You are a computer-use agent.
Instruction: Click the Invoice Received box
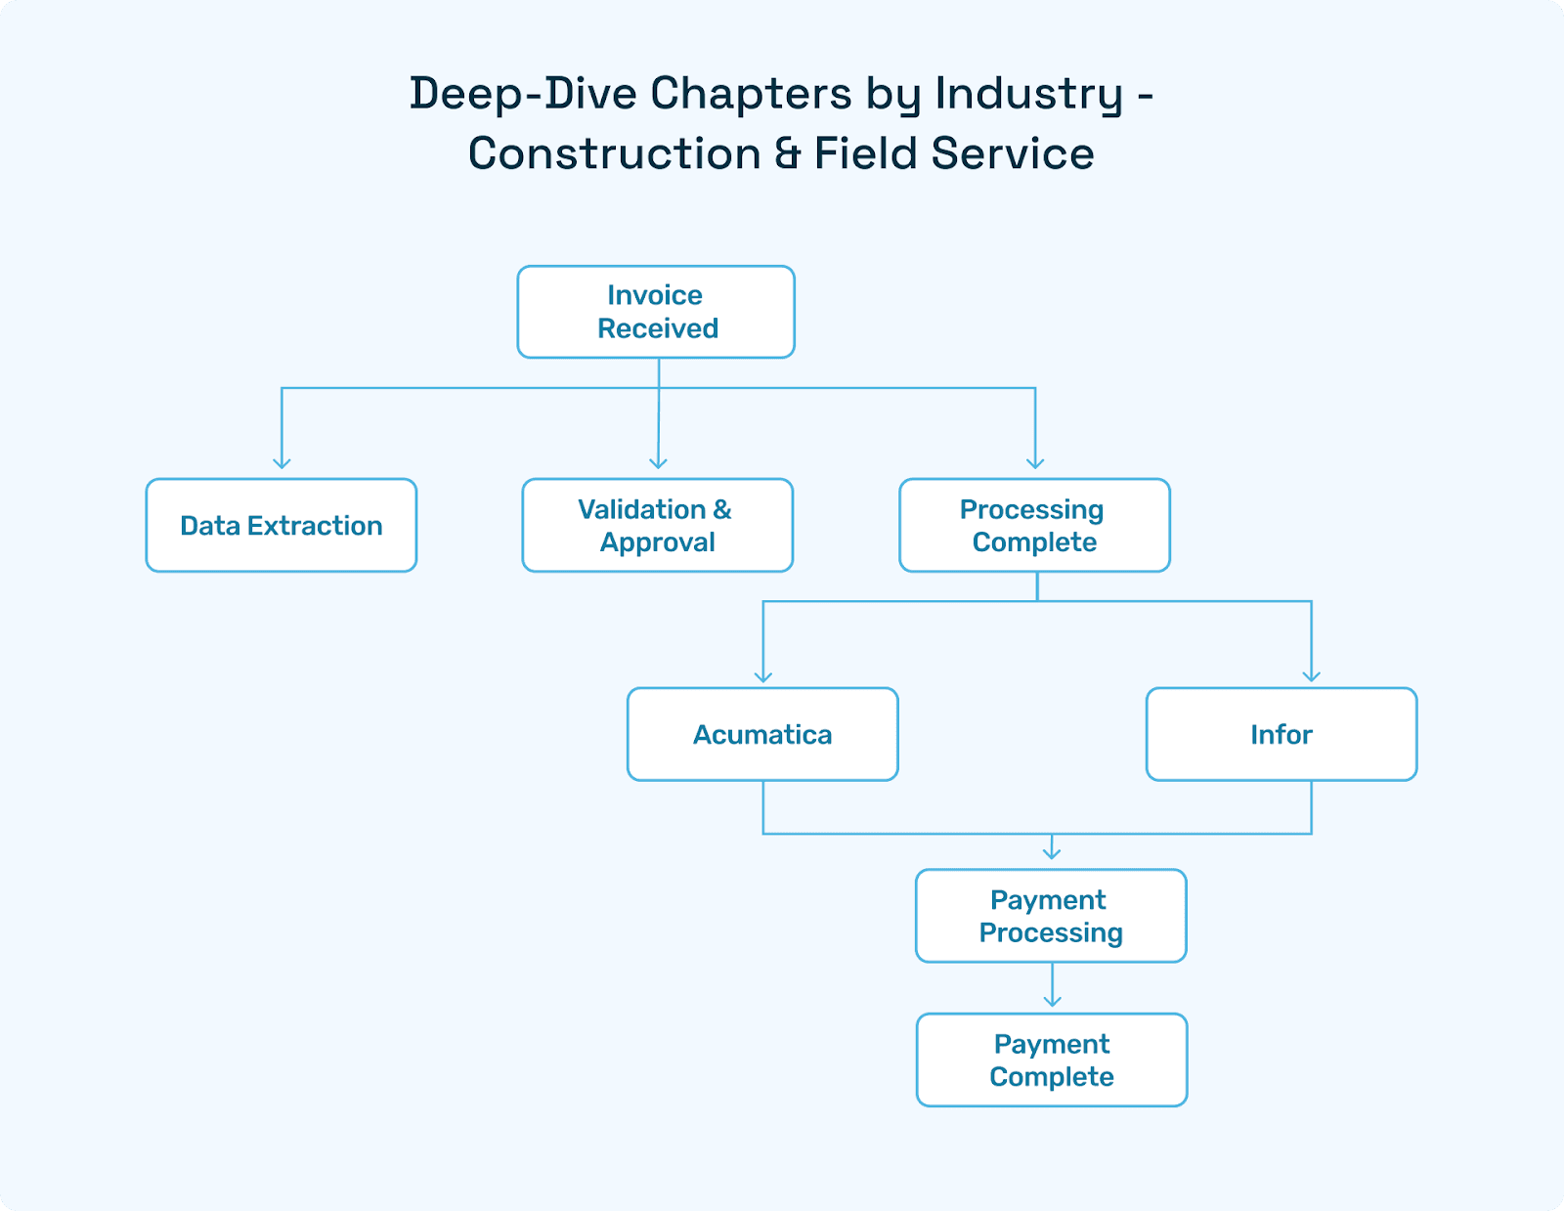(x=656, y=312)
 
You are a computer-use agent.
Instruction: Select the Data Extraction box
(x=282, y=526)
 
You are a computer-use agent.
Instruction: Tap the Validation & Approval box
(x=657, y=526)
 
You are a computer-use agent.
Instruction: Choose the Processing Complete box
(x=1034, y=526)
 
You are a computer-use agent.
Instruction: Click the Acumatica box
(x=762, y=735)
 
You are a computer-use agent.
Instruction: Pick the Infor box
(x=1281, y=735)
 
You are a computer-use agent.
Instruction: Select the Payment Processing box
(x=1051, y=916)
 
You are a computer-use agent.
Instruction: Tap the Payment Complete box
(x=1052, y=1060)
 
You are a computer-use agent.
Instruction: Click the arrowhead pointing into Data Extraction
(x=282, y=463)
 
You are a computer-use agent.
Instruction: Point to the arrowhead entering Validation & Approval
(x=658, y=463)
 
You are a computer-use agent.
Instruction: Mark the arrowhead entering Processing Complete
(x=1035, y=463)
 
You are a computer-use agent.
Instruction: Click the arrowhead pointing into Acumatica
(x=763, y=676)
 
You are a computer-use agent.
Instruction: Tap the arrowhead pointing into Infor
(x=1312, y=676)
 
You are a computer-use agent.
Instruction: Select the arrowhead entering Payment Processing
(x=1052, y=853)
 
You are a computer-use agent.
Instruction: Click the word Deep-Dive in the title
(x=523, y=95)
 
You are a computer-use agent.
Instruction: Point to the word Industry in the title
(x=1028, y=95)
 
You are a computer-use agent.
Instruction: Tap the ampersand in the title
(x=788, y=154)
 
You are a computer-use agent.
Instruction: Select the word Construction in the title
(x=615, y=154)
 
